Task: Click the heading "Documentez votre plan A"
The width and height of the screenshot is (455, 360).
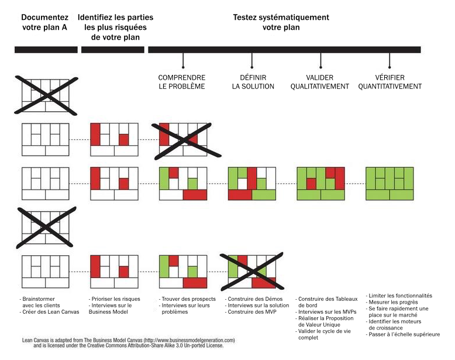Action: [44, 22]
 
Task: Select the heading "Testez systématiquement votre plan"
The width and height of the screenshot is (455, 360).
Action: [281, 22]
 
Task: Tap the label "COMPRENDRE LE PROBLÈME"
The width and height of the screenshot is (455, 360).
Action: [182, 82]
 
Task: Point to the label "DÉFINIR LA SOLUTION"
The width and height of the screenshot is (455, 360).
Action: [253, 82]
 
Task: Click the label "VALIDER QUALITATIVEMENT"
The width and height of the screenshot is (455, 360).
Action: [320, 82]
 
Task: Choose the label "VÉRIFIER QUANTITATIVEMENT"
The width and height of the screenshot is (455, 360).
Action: [389, 82]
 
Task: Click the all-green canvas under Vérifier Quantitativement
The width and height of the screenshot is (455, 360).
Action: [389, 184]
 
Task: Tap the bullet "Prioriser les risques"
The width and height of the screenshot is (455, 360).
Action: [114, 299]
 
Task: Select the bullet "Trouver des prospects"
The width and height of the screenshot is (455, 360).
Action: [187, 299]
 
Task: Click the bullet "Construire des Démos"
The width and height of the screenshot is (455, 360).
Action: [254, 299]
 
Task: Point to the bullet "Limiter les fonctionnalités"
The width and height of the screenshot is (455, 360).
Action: [399, 296]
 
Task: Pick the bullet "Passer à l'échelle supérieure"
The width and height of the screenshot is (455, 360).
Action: [403, 334]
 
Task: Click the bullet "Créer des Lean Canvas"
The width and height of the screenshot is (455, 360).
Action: [49, 312]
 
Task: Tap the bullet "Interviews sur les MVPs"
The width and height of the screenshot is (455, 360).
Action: [326, 312]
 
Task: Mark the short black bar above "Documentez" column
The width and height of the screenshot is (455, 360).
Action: [46, 50]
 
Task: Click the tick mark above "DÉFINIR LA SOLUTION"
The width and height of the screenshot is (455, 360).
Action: [252, 60]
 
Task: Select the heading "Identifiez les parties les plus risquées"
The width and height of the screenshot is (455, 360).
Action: [115, 27]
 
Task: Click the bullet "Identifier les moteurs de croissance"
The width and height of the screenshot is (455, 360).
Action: [394, 324]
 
